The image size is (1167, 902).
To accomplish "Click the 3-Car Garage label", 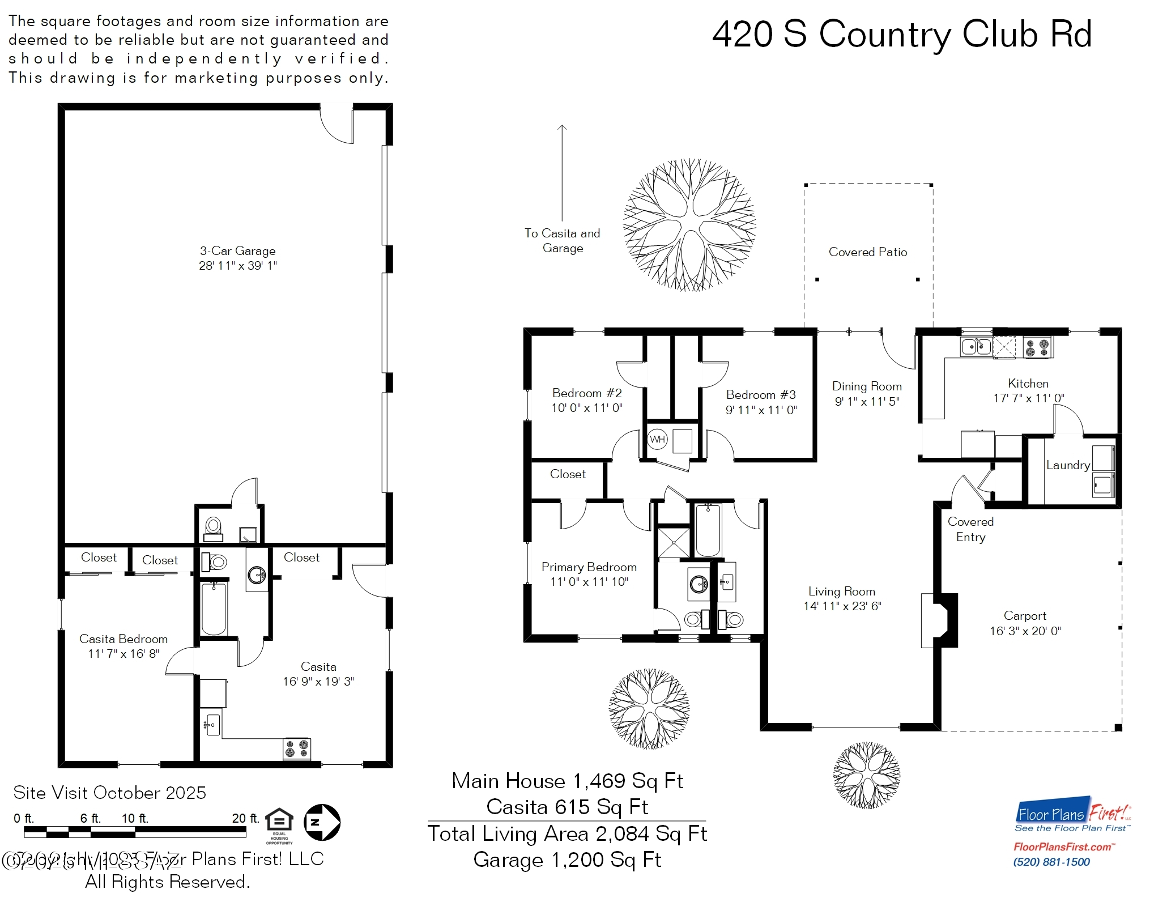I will point(237,251).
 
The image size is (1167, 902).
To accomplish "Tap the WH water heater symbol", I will point(657,439).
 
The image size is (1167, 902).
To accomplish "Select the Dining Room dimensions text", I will point(867,402).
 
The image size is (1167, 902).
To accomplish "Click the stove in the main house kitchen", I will point(1038,347).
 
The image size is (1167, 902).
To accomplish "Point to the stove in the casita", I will point(297,748).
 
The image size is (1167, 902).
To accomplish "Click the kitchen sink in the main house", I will point(976,346).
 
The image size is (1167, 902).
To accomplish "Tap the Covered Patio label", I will point(867,252).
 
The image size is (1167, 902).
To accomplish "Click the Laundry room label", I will point(1067,465).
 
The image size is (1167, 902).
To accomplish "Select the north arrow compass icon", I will point(322,822).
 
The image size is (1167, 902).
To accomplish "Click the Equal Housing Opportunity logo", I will point(279,825).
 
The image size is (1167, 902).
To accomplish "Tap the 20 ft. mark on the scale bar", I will point(245,818).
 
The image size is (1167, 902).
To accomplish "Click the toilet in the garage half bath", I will point(214,526).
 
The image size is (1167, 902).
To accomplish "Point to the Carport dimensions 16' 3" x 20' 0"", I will point(1025,631).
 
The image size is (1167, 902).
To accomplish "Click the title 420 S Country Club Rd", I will point(901,34).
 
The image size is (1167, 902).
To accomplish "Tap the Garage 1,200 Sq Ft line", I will point(567,860).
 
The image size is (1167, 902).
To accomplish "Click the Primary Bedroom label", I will point(589,567).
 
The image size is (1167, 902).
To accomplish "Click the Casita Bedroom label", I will point(123,639).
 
